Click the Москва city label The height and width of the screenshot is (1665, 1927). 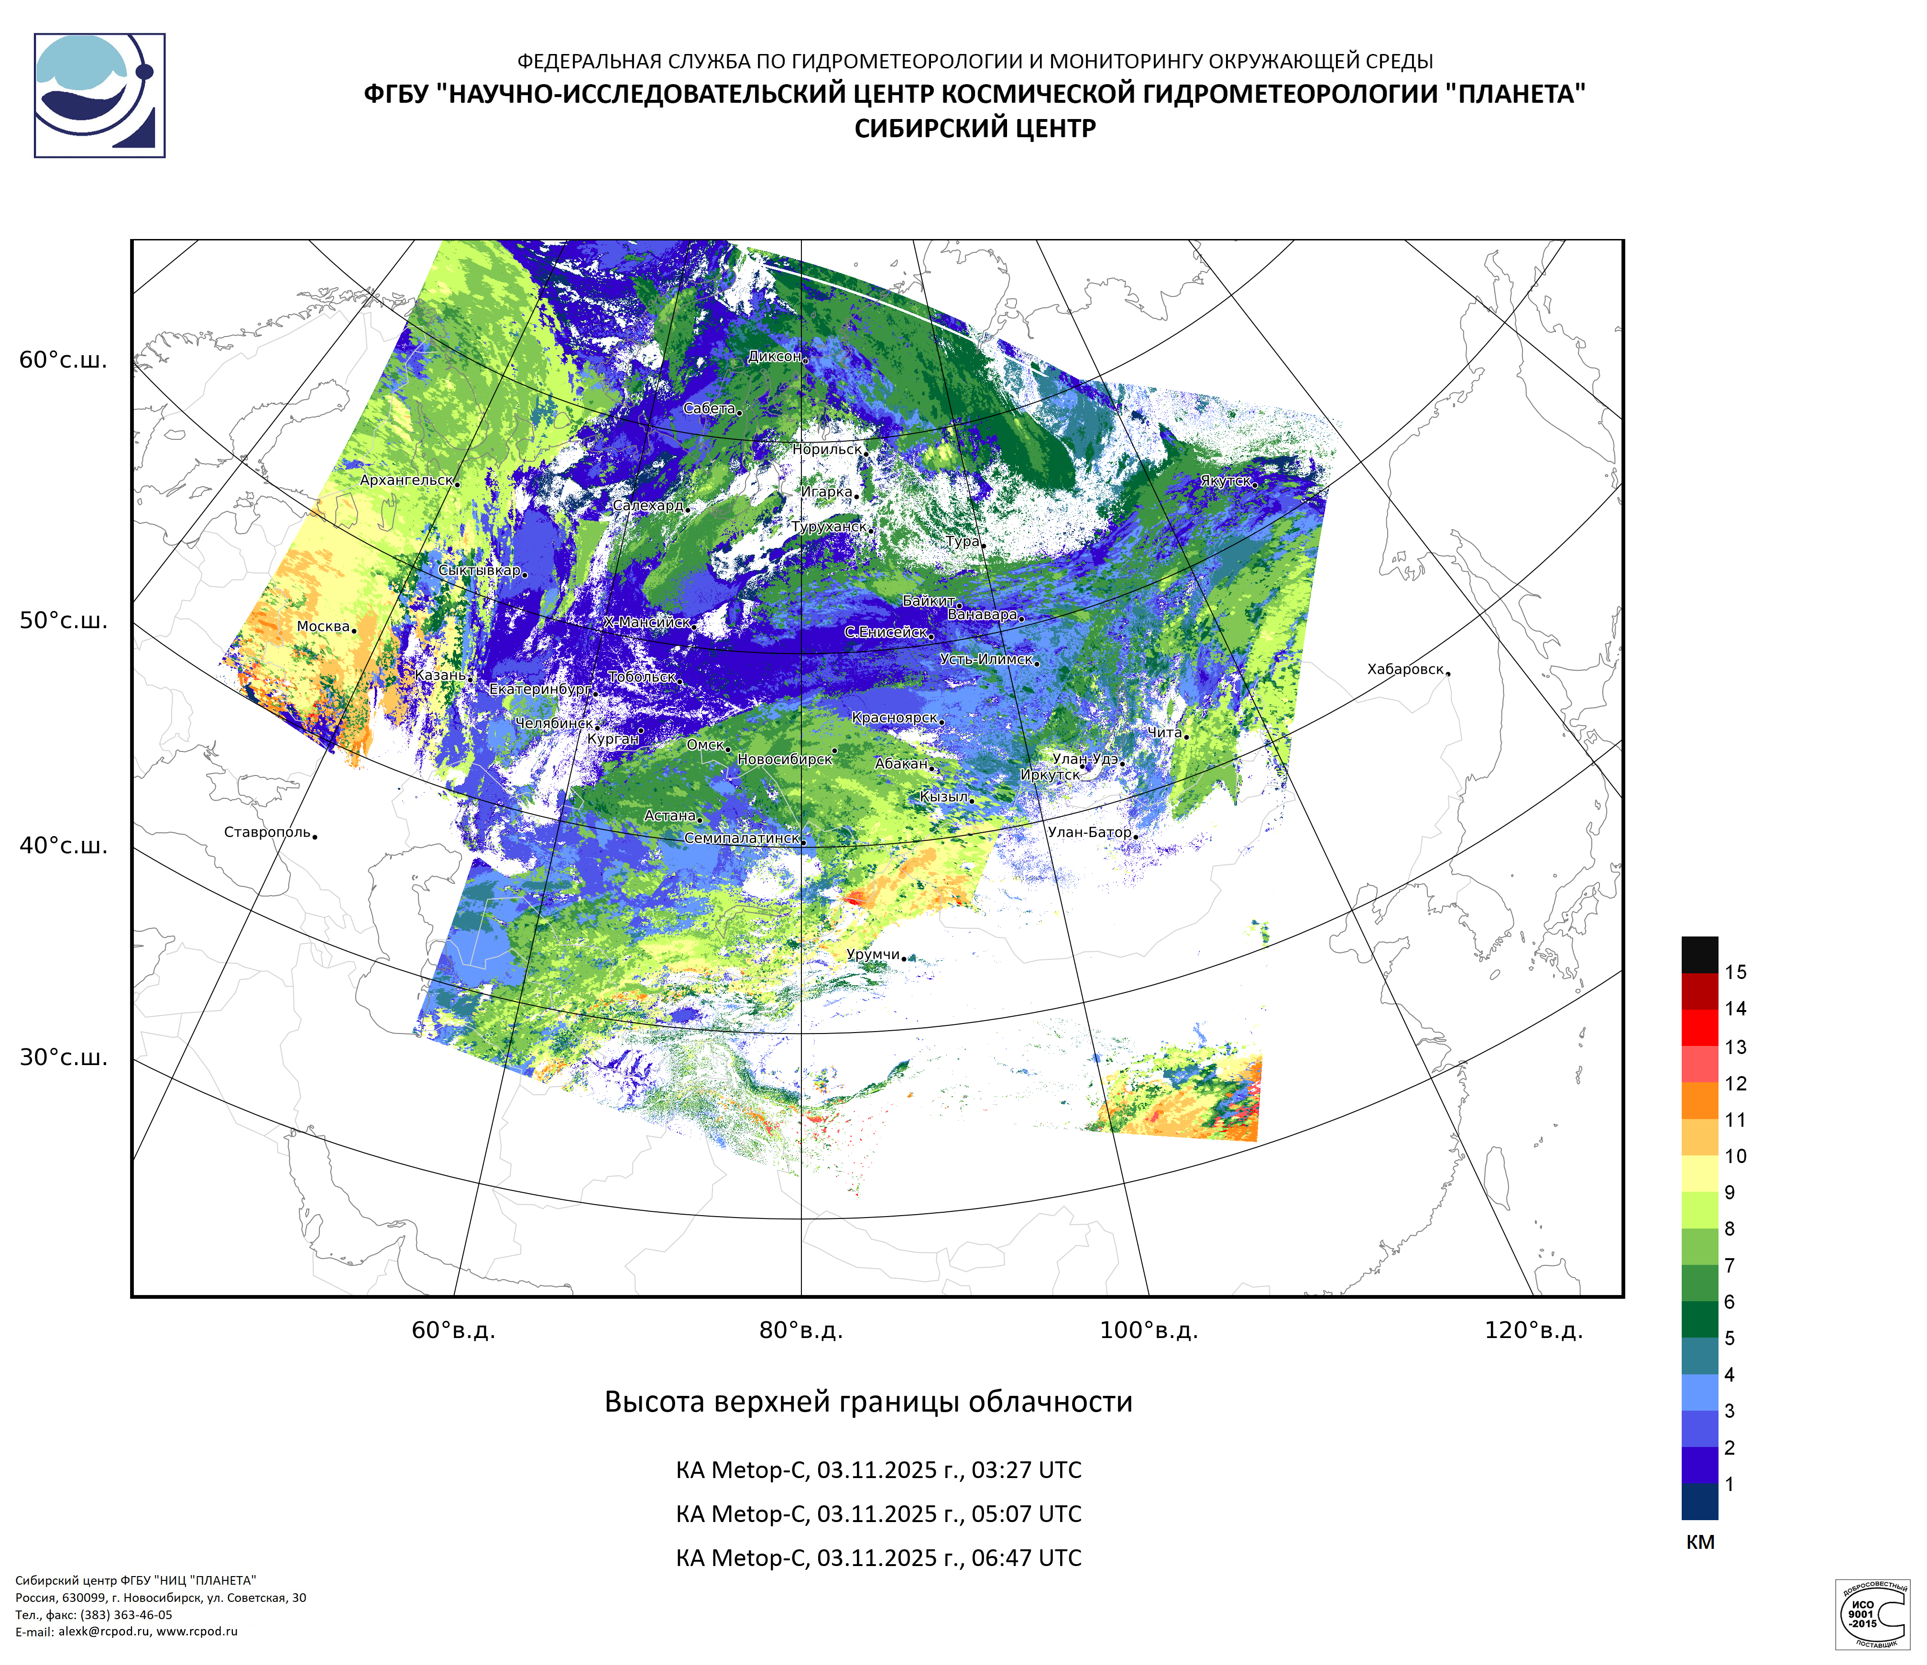coord(323,627)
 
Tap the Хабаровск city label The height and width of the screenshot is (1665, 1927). coord(1405,669)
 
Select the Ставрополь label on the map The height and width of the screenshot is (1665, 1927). coord(267,832)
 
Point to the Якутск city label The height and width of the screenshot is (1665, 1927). coord(1225,480)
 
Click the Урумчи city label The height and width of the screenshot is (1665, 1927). coord(872,955)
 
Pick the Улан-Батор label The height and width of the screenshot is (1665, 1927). coord(1089,832)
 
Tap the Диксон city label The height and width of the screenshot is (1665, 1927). coord(774,356)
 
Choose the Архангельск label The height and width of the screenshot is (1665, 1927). coord(406,480)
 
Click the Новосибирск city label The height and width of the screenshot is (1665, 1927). coord(784,760)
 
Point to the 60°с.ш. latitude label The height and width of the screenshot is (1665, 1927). coord(63,361)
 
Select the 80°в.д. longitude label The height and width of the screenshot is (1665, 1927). coord(801,1330)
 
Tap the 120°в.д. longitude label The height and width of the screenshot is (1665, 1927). coord(1533,1330)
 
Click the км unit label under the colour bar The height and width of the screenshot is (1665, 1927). coord(1700,1542)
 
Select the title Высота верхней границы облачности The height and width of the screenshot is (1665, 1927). coord(869,1402)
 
